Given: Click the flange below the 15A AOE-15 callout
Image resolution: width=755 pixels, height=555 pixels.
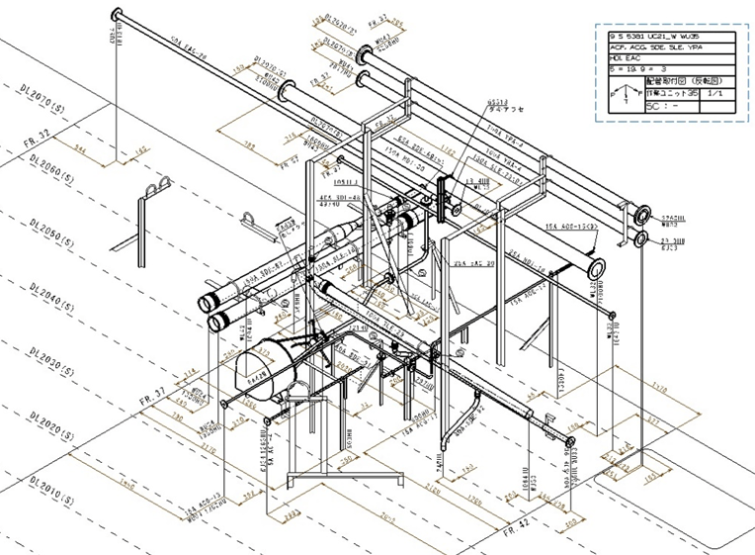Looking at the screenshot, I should click(595, 267).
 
